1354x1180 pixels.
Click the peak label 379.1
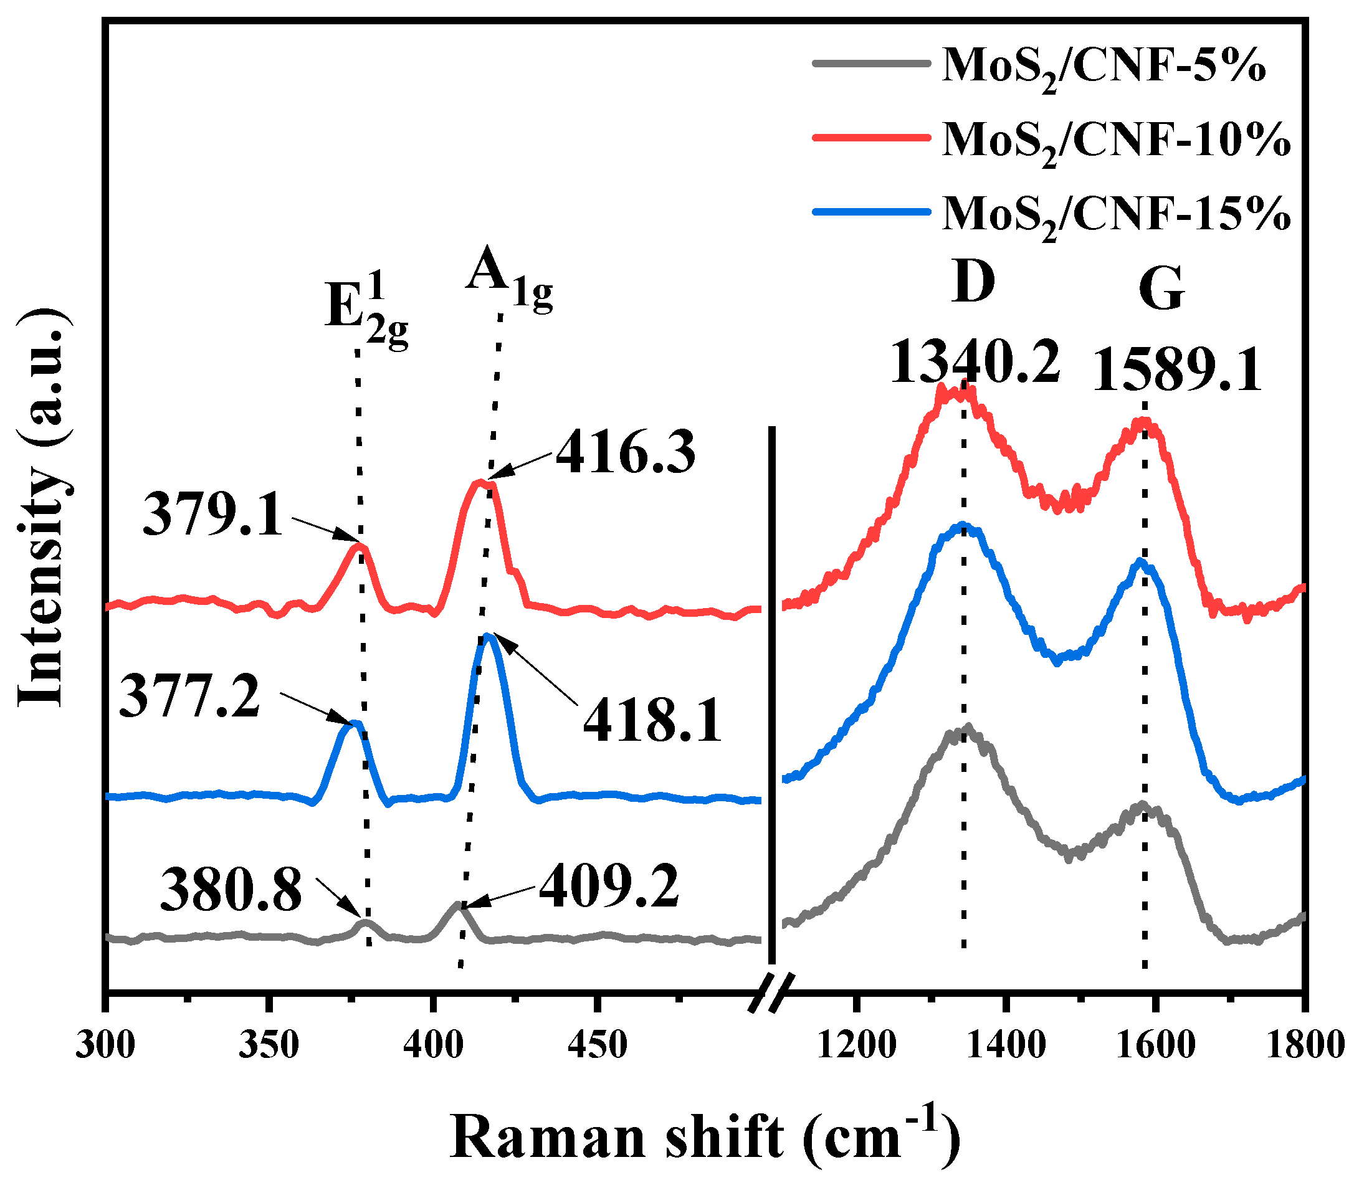point(212,515)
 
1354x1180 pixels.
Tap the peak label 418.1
point(652,721)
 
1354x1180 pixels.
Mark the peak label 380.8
point(231,890)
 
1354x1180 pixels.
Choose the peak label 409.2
point(609,887)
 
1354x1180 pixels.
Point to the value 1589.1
point(1178,371)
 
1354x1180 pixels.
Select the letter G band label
point(1161,290)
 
